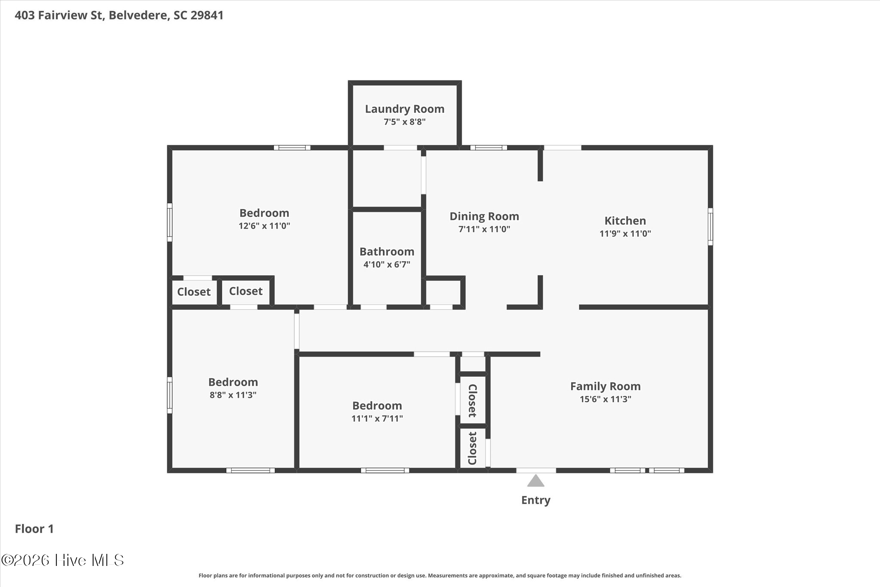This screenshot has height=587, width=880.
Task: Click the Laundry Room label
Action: pos(405,109)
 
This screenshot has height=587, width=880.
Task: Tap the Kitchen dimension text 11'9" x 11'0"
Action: pos(625,234)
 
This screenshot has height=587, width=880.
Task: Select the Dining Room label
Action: pos(484,216)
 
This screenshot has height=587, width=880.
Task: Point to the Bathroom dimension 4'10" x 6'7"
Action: pos(387,264)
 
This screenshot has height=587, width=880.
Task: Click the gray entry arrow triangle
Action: pos(536,481)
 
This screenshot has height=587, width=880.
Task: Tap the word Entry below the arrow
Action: pos(536,500)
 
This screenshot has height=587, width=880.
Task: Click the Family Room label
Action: pos(605,386)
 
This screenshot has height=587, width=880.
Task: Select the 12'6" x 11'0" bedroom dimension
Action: pos(264,226)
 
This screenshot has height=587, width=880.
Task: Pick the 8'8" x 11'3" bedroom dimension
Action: pos(233,395)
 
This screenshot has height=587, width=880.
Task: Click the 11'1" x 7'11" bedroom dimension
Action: pos(377,418)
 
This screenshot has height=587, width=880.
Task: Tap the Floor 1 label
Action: pos(34,529)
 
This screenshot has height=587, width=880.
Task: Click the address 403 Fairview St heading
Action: pos(59,15)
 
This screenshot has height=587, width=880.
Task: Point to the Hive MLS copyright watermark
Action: pos(63,560)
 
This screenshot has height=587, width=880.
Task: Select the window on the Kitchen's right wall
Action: pos(710,227)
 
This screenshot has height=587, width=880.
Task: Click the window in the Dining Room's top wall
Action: pos(489,148)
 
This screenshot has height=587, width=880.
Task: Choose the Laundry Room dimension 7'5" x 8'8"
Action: pos(405,122)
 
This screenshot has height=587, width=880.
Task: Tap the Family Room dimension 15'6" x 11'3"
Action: pos(605,399)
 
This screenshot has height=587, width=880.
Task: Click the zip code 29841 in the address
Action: pos(207,15)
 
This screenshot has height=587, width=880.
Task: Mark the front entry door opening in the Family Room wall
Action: pos(536,470)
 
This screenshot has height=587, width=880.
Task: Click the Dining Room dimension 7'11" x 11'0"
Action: pos(484,229)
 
